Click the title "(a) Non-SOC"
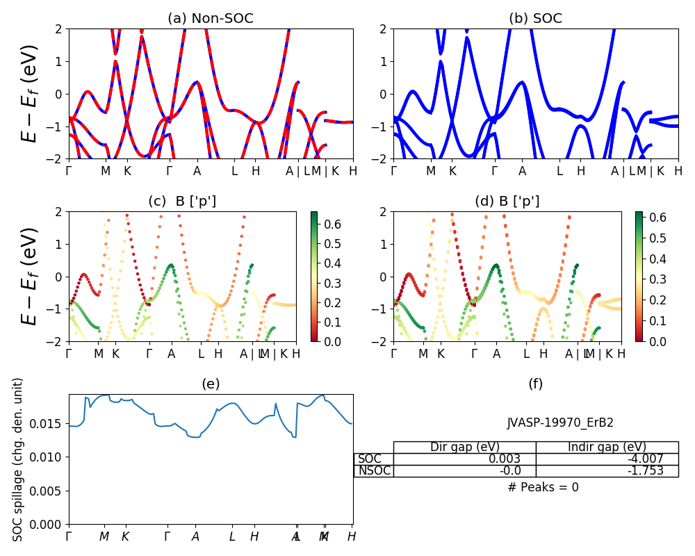[x=210, y=19]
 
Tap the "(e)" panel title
[x=210, y=384]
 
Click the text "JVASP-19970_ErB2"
[x=560, y=423]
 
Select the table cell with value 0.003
[x=464, y=459]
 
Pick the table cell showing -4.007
[x=607, y=459]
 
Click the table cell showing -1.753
[x=607, y=471]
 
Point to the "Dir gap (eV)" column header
[x=464, y=447]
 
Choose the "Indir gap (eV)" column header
[x=607, y=447]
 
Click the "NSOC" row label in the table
[x=374, y=471]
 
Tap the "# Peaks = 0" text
[x=543, y=487]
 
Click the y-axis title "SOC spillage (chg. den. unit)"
[x=18, y=459]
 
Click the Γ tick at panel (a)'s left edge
[x=69, y=171]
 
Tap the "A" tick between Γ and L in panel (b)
[x=522, y=171]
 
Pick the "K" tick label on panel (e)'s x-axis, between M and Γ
[x=125, y=537]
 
